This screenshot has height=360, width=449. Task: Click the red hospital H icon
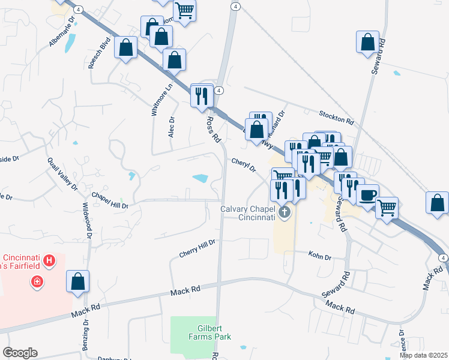(50, 260)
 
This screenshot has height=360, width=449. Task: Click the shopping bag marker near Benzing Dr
(77, 282)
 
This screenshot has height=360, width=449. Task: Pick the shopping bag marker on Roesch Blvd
(125, 48)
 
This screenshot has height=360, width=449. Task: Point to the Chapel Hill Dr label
(110, 200)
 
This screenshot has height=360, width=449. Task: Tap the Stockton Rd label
(337, 116)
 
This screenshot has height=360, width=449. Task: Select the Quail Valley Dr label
(62, 173)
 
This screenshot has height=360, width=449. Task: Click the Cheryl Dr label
(244, 164)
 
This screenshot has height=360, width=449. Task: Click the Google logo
(20, 353)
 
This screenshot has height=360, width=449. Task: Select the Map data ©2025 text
(423, 355)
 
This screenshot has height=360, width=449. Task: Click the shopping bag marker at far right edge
(438, 203)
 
